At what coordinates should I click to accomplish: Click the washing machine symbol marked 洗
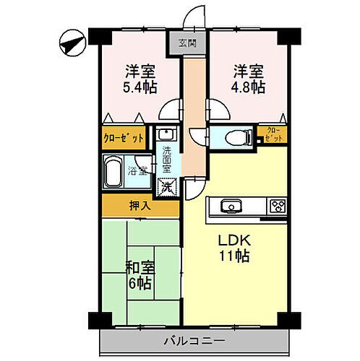point(167,186)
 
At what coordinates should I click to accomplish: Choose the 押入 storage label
point(140,206)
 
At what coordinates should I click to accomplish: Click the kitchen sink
point(230,206)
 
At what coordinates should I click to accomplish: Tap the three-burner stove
point(278,206)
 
